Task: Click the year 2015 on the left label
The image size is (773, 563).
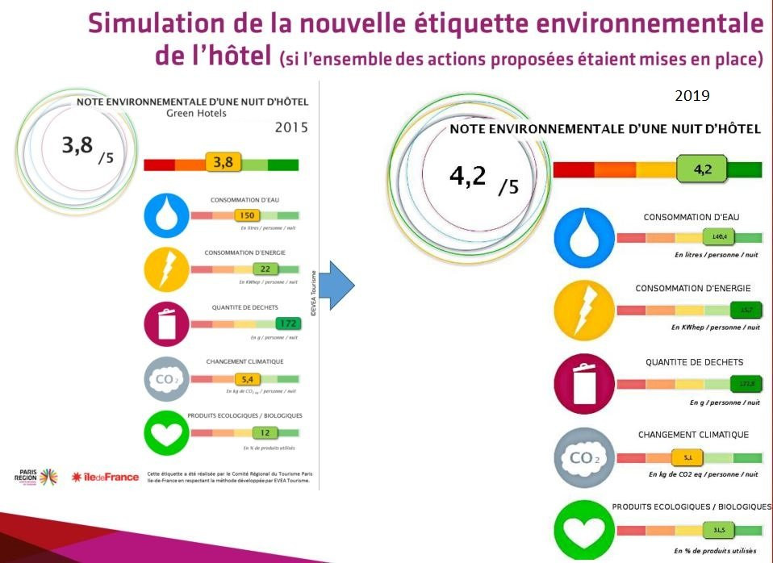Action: tap(291, 127)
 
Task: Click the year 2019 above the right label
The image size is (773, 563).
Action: tap(692, 96)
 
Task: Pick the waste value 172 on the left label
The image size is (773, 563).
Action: tap(286, 323)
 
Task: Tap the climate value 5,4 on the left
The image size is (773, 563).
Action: tap(245, 378)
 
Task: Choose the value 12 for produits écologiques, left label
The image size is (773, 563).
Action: tap(264, 432)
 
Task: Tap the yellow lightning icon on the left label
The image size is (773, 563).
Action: tap(166, 269)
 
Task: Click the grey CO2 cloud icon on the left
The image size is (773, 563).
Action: tap(166, 379)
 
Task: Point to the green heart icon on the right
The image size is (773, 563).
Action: tap(584, 530)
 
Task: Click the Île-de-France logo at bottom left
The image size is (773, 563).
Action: tap(105, 477)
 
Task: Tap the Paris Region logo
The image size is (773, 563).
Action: tap(36, 477)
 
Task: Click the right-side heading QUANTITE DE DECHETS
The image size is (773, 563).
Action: tap(694, 362)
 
